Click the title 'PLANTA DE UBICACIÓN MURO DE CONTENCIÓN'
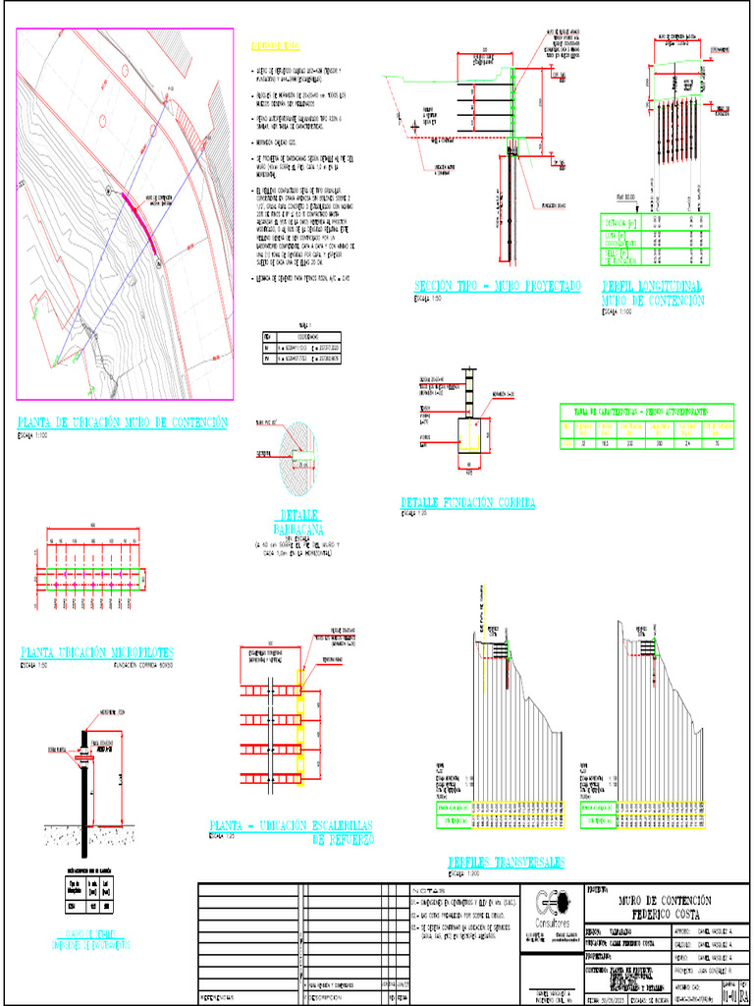123,422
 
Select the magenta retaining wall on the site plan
142,222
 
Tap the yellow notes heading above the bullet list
276,47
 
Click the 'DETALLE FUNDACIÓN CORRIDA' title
467,502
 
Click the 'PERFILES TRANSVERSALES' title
506,862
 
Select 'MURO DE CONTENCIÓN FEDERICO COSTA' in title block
665,907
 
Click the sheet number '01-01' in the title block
727,996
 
